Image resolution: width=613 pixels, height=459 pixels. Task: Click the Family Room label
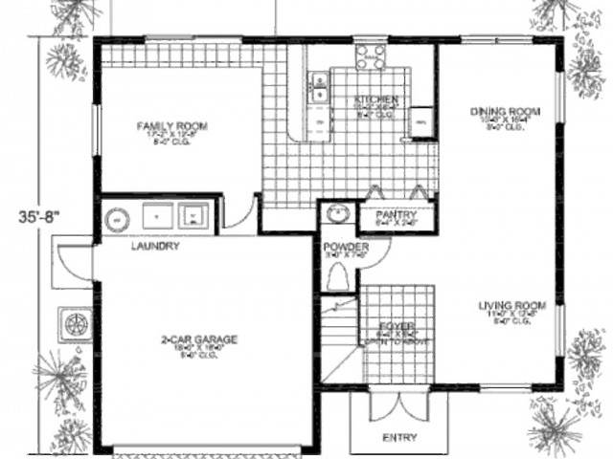[172, 125]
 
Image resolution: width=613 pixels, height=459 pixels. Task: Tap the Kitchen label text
[369, 99]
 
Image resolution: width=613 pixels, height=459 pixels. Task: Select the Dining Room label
[500, 111]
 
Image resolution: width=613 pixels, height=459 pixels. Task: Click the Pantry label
[394, 214]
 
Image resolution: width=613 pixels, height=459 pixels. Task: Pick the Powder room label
[340, 247]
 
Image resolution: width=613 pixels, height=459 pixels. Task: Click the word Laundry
[154, 246]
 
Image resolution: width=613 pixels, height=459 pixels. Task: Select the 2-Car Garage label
[198, 339]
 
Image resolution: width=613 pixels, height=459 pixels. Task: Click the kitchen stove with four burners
[369, 56]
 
